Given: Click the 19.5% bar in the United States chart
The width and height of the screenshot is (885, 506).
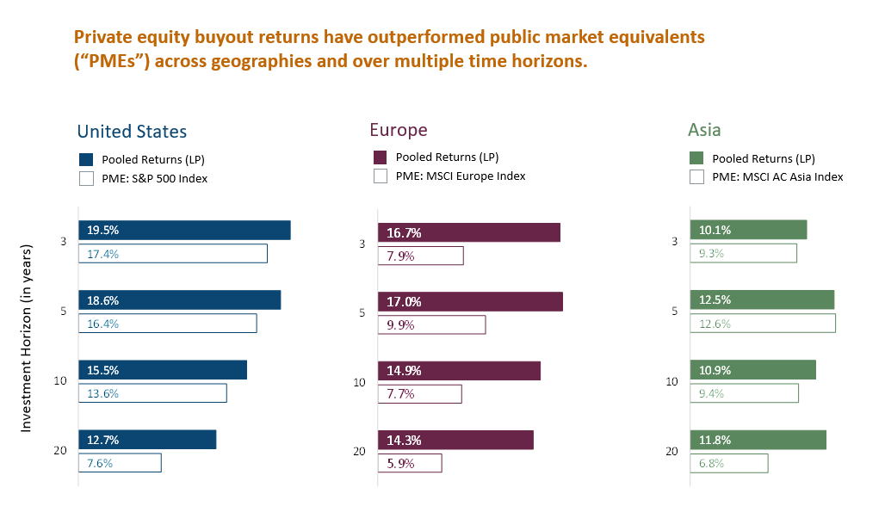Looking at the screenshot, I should point(184,231).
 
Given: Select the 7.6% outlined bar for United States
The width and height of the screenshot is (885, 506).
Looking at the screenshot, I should point(120,463).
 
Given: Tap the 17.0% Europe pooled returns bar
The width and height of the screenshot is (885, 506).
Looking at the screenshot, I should point(470,302).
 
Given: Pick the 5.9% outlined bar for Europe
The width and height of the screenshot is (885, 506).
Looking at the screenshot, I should point(410,463).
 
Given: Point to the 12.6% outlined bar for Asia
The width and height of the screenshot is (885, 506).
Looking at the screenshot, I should point(762,324).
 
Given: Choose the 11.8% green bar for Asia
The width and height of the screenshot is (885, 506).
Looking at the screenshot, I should point(758,440).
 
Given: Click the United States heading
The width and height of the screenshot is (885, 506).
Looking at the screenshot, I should point(132,132).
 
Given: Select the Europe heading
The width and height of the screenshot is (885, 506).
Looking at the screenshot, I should point(399,130).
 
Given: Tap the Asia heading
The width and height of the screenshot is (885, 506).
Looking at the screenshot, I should point(704,130).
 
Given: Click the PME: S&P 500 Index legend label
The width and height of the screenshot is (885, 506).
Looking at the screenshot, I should point(154,179).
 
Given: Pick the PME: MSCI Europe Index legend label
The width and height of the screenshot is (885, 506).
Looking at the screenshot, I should point(460,176).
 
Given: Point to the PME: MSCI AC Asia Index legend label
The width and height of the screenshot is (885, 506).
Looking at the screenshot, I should point(777,177).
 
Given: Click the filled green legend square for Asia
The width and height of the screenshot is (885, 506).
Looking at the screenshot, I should point(697,158).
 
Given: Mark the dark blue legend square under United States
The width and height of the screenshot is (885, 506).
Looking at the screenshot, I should point(86,159).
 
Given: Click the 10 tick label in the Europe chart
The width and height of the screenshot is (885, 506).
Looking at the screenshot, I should point(360,382).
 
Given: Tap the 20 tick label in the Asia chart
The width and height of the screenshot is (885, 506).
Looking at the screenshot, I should point(672,451).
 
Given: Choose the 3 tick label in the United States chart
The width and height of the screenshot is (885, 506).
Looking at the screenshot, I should point(63,242).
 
